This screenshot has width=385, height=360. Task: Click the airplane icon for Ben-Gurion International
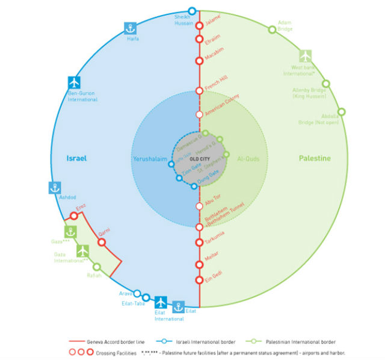click(74, 83)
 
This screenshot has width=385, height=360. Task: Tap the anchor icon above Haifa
click(130, 28)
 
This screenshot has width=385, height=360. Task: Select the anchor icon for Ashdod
click(55, 187)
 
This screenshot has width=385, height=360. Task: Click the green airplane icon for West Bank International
click(306, 55)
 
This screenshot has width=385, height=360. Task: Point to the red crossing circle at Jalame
click(199, 25)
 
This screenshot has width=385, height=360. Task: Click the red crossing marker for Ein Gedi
click(199, 279)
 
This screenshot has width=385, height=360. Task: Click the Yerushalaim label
click(149, 159)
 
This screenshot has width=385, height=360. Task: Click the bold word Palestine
click(315, 158)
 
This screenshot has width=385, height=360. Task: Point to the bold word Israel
click(77, 158)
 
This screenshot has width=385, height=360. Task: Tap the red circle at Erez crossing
click(74, 215)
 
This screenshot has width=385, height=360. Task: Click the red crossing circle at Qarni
click(101, 242)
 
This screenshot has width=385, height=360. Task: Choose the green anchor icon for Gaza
click(71, 232)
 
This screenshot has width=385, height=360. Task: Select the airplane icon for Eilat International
click(161, 302)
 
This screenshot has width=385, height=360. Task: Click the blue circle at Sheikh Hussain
click(192, 10)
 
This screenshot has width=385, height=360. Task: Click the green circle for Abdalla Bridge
click(342, 111)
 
